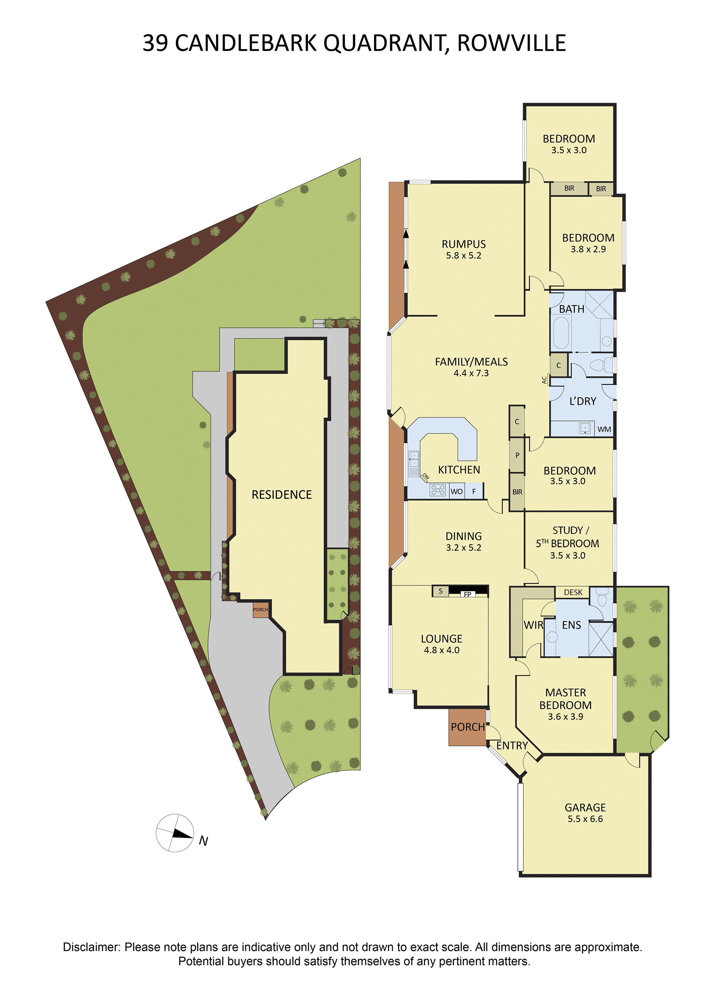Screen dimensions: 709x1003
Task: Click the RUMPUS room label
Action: (464, 244)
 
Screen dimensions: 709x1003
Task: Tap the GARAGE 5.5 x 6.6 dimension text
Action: (585, 819)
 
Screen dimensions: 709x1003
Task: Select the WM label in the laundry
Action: (604, 429)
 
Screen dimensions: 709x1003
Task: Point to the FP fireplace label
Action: (467, 594)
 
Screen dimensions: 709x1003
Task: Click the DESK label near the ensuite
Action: (573, 592)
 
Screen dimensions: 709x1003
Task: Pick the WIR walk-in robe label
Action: (534, 625)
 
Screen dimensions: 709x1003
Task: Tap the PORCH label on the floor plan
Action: (468, 727)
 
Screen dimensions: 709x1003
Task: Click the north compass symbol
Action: (175, 833)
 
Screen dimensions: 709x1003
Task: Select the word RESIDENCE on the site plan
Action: (282, 494)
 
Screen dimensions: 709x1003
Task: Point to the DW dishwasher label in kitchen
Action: (426, 477)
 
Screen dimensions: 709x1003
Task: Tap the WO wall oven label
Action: (457, 491)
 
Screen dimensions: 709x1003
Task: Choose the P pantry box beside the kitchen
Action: (517, 455)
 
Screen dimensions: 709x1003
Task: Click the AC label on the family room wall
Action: (544, 380)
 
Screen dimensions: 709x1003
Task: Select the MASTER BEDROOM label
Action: (565, 699)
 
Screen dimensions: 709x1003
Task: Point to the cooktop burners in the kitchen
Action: (438, 490)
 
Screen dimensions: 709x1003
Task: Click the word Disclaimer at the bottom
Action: (91, 947)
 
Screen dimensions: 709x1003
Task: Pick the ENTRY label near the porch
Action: (512, 746)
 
